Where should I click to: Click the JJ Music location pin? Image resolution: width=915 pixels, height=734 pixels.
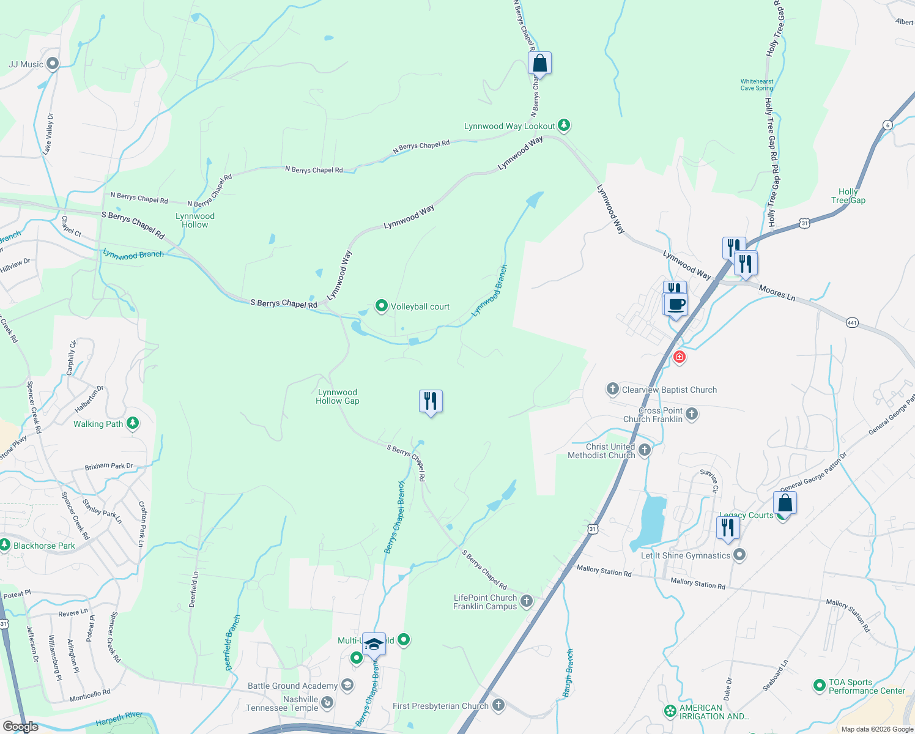coord(53,63)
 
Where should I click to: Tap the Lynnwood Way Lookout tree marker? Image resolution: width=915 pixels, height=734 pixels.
coord(564,125)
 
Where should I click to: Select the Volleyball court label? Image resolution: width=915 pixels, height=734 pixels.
coord(420,306)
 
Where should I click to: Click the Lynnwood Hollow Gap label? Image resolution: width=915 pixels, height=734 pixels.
coord(338,396)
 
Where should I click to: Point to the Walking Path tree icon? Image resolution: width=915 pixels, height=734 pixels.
coord(133,423)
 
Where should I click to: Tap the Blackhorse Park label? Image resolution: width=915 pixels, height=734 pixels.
coord(44,546)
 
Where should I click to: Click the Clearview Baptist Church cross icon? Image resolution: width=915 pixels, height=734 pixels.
coord(612,389)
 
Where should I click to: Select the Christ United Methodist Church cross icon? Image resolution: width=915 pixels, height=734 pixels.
coord(645,451)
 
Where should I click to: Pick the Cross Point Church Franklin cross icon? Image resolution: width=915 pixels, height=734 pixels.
coord(692,414)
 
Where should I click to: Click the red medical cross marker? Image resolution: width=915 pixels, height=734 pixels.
coord(679,357)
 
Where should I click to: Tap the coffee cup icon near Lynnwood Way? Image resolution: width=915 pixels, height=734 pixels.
coord(676,304)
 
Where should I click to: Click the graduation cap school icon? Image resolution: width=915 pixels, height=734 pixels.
coord(374,645)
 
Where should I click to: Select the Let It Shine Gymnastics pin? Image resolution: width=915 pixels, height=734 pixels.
coord(739,555)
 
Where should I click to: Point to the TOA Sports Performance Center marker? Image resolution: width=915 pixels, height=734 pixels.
coord(820,686)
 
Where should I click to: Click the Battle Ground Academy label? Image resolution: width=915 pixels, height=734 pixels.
coord(292,686)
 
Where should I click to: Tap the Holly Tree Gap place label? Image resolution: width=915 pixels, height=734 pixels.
coord(848,196)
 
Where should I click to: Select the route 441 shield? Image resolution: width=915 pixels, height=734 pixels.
coord(852,322)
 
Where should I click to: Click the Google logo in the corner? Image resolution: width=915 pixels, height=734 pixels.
coord(21,727)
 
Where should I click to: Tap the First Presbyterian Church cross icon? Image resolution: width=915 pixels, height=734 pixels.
coord(498,705)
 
